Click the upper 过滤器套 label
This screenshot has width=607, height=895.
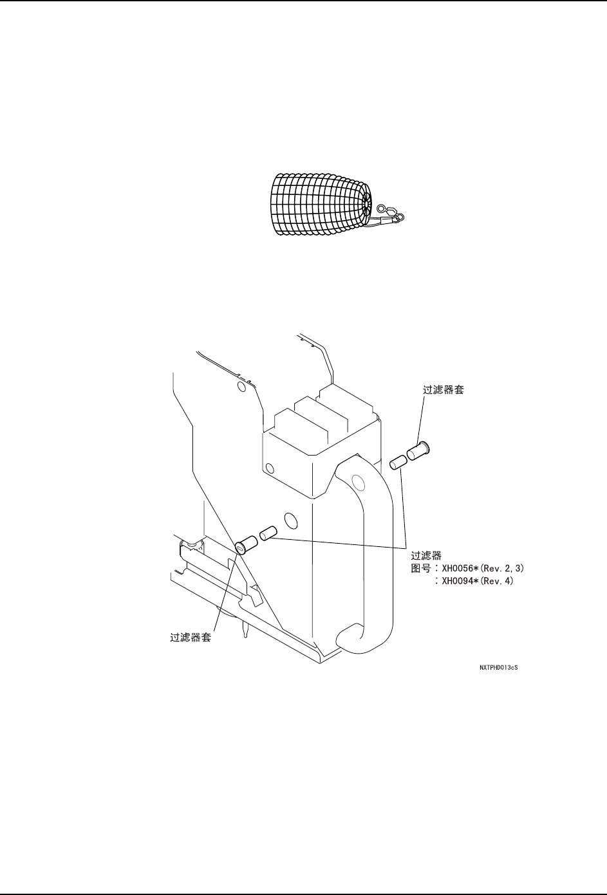pyautogui.click(x=441, y=391)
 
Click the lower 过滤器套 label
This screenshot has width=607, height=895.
pyautogui.click(x=190, y=638)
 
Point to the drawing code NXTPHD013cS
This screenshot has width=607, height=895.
pyautogui.click(x=499, y=669)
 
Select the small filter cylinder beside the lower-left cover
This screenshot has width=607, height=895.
pyautogui.click(x=268, y=533)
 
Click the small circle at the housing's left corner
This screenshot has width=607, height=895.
pyautogui.click(x=270, y=468)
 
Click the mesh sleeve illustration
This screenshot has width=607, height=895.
pyautogui.click(x=319, y=203)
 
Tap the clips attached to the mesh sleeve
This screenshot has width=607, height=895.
pyautogui.click(x=390, y=216)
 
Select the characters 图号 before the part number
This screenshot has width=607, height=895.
pyautogui.click(x=421, y=569)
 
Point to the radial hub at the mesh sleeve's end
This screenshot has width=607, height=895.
pyautogui.click(x=366, y=203)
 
